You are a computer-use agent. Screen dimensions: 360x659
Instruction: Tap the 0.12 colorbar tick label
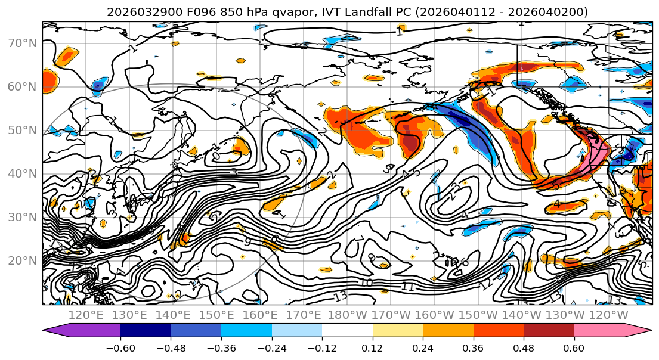[x=373, y=347]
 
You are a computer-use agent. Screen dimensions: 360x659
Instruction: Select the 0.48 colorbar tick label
[x=524, y=347]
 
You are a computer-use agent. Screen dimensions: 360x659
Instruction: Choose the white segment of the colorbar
[x=347, y=330]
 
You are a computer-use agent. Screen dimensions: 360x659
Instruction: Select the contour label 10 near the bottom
[x=367, y=283]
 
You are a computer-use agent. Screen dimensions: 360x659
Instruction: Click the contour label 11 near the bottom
[x=407, y=287]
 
